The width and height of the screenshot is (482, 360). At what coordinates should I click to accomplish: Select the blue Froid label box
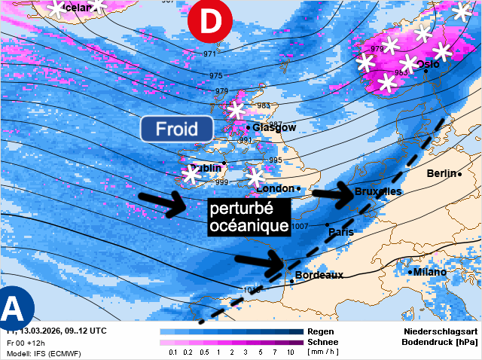[x=175, y=128]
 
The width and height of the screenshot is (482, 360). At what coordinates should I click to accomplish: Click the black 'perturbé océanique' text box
[x=249, y=215]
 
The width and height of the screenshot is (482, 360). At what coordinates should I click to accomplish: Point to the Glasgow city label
[x=273, y=127]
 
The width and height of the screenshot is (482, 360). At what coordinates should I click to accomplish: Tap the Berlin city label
[x=441, y=173]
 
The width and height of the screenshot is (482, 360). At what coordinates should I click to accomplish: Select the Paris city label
[x=341, y=232]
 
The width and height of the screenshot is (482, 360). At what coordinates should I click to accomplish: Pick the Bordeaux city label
[x=319, y=275]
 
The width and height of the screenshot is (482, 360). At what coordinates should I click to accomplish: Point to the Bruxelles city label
[x=377, y=192]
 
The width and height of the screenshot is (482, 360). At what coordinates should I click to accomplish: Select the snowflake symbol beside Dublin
[x=191, y=175]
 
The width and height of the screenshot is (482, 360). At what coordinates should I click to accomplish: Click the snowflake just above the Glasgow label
[x=236, y=110]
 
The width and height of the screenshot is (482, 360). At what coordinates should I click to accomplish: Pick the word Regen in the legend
[x=321, y=331]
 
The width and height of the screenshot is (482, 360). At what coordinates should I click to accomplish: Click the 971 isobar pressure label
[x=210, y=53]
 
